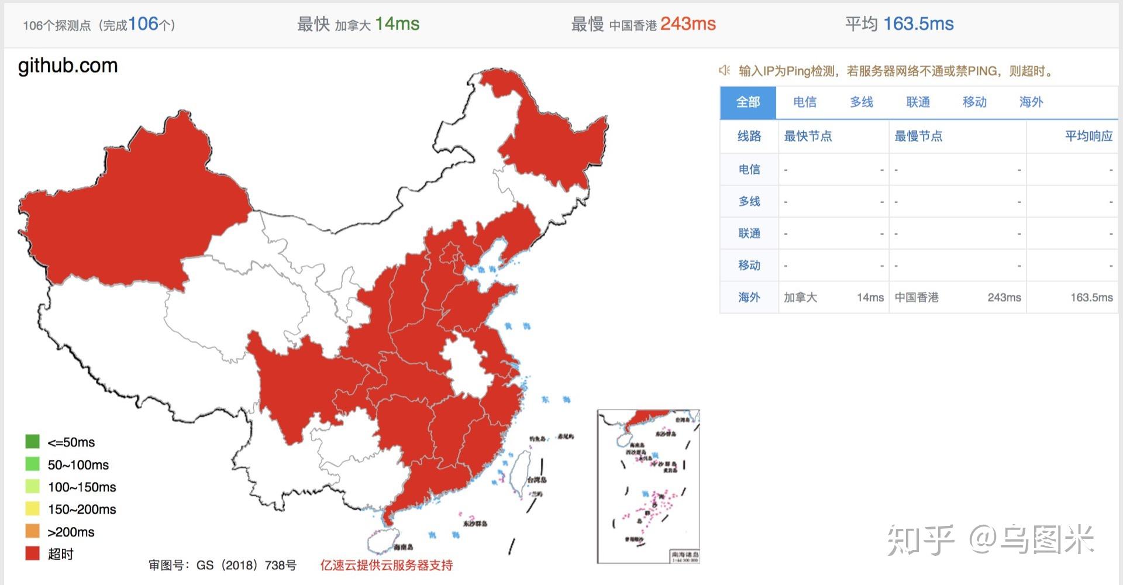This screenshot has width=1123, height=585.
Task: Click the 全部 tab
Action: [747, 102]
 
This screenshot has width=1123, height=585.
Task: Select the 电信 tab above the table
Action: [804, 102]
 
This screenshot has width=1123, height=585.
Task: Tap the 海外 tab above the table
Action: [1031, 102]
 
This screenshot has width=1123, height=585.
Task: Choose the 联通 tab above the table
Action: [918, 102]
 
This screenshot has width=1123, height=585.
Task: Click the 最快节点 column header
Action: [808, 136]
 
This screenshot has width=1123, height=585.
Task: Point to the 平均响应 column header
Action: [1088, 136]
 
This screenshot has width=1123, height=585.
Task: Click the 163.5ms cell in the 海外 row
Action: [1091, 297]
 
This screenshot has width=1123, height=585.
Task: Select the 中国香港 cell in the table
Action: [917, 297]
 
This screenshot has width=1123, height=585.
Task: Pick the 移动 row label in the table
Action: [749, 265]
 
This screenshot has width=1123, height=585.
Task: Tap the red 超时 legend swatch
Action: [33, 553]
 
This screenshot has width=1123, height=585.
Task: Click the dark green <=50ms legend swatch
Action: [33, 442]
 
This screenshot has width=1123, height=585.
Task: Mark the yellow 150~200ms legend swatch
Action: [33, 509]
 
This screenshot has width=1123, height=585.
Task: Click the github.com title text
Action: [68, 66]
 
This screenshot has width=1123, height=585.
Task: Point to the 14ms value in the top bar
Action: [397, 24]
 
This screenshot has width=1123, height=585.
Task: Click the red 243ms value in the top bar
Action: [688, 24]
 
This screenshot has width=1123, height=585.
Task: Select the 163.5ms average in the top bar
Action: [918, 24]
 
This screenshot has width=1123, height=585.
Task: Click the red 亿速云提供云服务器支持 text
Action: [386, 565]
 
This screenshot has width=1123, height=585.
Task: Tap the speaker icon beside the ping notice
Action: [725, 71]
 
